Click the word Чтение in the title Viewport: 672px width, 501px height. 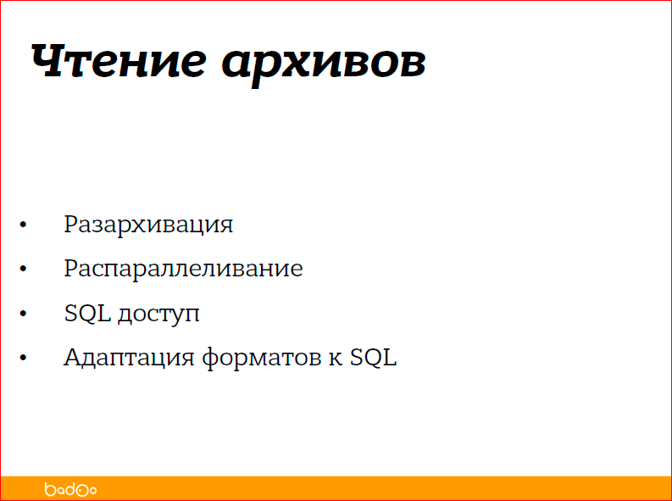[x=118, y=62]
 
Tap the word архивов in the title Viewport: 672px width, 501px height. [x=324, y=64]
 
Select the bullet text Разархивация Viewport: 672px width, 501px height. [x=148, y=225]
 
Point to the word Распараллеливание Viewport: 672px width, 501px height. [x=183, y=270]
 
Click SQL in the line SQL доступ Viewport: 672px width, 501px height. [x=87, y=314]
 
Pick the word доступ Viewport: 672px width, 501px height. [x=158, y=315]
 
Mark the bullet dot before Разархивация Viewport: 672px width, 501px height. [x=24, y=226]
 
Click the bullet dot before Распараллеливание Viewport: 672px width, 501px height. [x=24, y=270]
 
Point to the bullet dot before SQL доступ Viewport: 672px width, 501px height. [x=24, y=315]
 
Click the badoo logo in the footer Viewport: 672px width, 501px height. [x=70, y=489]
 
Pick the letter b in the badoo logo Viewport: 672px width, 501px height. [x=49, y=488]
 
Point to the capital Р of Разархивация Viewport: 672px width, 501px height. [x=71, y=225]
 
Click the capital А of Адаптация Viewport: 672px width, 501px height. [x=73, y=357]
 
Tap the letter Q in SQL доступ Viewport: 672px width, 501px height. [x=87, y=314]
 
